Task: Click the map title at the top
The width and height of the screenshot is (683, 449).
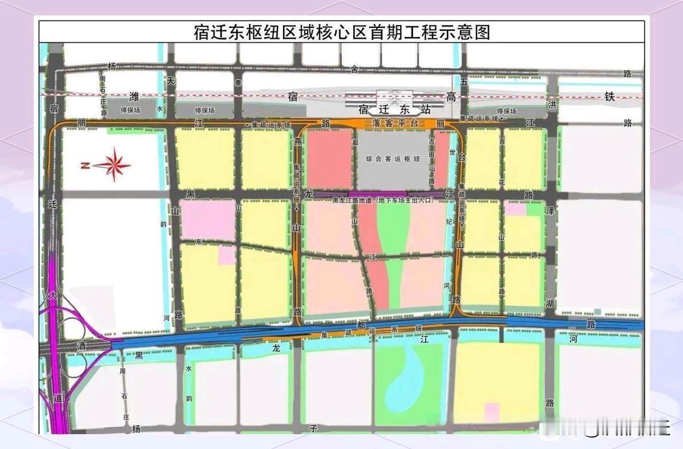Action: (342, 32)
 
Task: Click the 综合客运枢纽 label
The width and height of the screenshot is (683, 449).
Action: (394, 159)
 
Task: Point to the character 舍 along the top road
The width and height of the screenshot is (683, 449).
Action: (354, 69)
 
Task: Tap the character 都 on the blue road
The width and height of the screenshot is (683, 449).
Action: (360, 325)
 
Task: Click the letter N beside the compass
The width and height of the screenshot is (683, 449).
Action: (84, 166)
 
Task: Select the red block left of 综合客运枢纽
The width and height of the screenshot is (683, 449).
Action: (329, 159)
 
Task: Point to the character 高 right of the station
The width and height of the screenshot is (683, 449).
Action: (451, 97)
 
